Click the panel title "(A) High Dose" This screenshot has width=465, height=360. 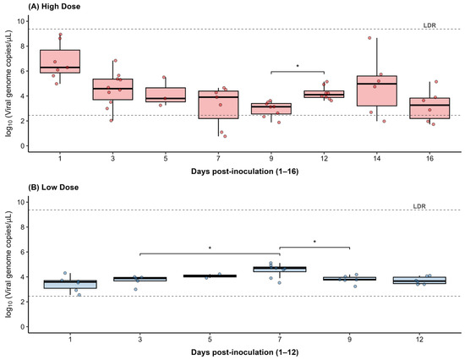(54, 6)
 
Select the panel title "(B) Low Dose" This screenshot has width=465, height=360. (53, 188)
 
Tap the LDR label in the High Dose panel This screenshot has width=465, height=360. (429, 25)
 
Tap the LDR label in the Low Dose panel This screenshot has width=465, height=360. (419, 206)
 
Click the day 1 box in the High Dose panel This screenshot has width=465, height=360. (60, 62)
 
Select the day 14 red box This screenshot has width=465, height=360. (377, 90)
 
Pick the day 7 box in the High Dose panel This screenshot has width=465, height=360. (218, 105)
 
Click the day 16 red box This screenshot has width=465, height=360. (429, 108)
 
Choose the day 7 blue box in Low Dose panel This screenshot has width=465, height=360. (280, 270)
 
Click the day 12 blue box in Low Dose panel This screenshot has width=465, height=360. (419, 281)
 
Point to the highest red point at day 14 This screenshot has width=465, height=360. (369, 38)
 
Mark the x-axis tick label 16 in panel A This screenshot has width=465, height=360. (429, 158)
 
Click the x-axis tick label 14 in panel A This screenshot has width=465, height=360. (377, 158)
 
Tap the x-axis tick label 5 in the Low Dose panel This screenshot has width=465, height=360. (210, 339)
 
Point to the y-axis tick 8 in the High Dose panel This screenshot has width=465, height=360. (22, 46)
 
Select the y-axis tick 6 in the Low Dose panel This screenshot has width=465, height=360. (22, 252)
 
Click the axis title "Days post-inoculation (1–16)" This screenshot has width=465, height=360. (244, 172)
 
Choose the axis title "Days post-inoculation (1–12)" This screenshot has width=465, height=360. (244, 352)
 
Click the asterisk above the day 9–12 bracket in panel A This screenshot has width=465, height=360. (298, 66)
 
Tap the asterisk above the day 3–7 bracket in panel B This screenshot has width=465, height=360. (210, 248)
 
